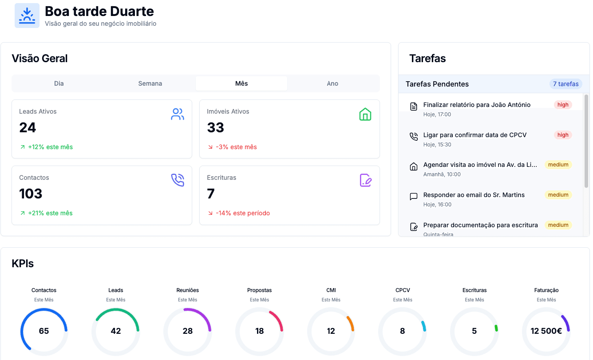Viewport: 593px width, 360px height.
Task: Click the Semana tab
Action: (x=150, y=83)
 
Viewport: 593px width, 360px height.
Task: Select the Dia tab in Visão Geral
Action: (x=59, y=83)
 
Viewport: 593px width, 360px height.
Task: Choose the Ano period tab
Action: (x=332, y=83)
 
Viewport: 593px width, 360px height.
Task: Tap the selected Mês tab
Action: (x=241, y=83)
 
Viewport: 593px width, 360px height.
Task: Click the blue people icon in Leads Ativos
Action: (x=178, y=114)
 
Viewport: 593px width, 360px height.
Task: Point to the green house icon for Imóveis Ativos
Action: (x=365, y=114)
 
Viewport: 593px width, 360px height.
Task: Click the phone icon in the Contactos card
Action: (x=178, y=180)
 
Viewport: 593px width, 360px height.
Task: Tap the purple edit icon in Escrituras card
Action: (x=365, y=180)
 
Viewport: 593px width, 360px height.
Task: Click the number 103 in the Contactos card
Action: (x=31, y=194)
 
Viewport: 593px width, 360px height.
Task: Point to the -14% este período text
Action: (x=243, y=213)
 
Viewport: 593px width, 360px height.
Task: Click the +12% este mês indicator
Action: (x=50, y=147)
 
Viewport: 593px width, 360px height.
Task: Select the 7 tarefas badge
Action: (x=565, y=84)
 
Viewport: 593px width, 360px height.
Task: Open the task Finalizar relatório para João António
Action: (x=477, y=105)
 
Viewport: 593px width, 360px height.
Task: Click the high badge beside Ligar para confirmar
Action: (x=563, y=135)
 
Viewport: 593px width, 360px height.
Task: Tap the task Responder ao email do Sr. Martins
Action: (x=474, y=195)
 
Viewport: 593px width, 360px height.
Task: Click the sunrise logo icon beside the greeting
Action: (x=27, y=16)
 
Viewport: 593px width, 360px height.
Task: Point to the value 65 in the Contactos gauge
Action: (x=44, y=331)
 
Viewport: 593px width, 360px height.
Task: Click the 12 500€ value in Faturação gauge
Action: (x=546, y=331)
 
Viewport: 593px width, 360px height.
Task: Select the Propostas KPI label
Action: (x=259, y=290)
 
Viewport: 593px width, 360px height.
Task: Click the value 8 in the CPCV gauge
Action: (x=403, y=331)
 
